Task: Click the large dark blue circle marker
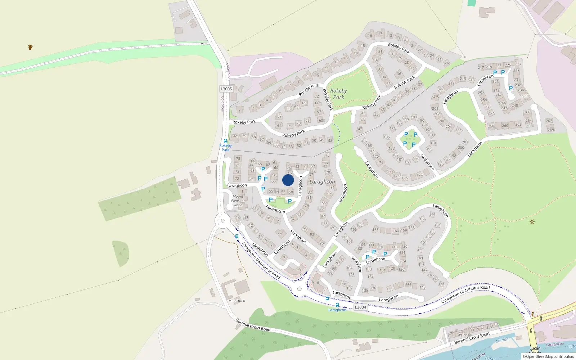click(x=288, y=180)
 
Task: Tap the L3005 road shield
click(x=226, y=89)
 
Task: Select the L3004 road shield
click(x=360, y=307)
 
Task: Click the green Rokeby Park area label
click(x=338, y=94)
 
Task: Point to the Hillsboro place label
click(x=237, y=301)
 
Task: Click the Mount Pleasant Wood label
click(x=238, y=201)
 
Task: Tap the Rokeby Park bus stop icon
click(x=225, y=141)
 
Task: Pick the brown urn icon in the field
click(x=30, y=47)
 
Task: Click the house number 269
click(x=551, y=130)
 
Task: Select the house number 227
click(x=518, y=64)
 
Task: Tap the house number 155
click(x=432, y=215)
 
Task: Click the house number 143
click(x=423, y=287)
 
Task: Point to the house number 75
click(x=238, y=159)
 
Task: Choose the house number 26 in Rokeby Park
click(x=447, y=63)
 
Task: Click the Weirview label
click(x=464, y=335)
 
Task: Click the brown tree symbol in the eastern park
click(x=532, y=222)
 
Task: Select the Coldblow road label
click(x=222, y=103)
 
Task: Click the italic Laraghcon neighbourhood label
click(x=322, y=182)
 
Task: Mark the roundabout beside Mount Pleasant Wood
click(x=222, y=221)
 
